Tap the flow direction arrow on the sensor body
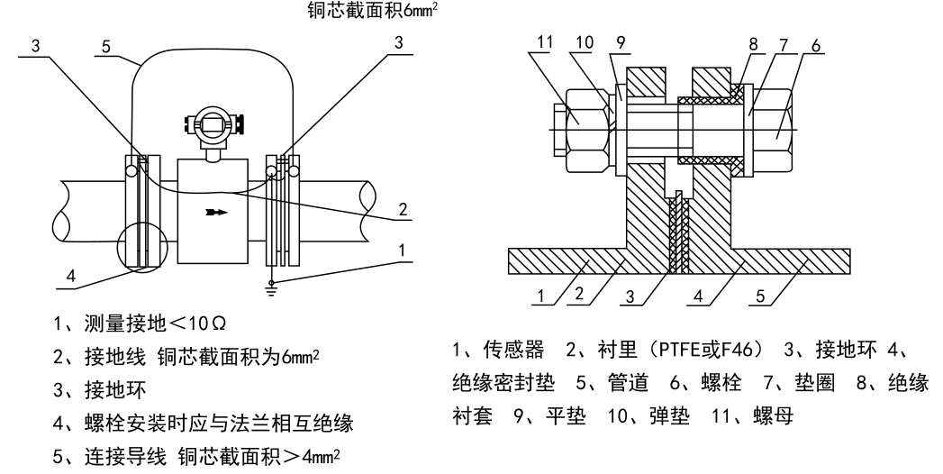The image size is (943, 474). coord(216,214)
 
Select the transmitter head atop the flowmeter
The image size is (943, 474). coord(209,124)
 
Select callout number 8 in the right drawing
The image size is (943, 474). coord(752,45)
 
